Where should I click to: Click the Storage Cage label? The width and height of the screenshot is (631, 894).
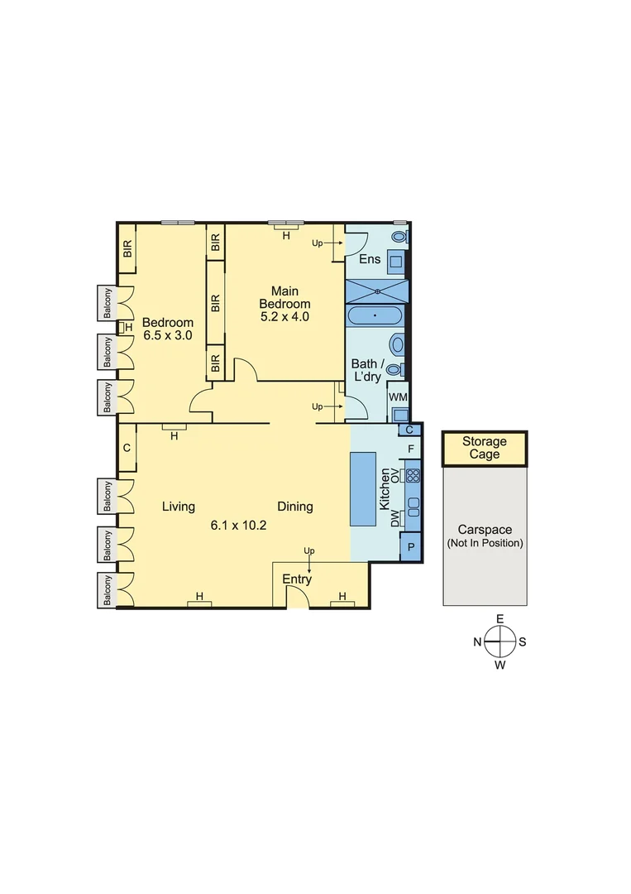[484, 448]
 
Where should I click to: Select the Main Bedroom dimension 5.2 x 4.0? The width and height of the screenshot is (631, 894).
[284, 316]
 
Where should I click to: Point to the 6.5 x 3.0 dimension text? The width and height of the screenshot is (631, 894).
[168, 336]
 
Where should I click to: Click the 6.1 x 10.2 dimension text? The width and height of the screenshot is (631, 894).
[238, 525]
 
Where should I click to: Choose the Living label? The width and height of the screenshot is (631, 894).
[179, 507]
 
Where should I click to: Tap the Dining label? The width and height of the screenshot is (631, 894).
[295, 507]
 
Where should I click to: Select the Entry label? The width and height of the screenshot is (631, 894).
[297, 579]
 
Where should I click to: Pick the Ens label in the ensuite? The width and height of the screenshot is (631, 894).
[370, 259]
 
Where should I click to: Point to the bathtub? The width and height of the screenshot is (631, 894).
[375, 315]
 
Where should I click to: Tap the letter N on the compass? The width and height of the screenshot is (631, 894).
[478, 642]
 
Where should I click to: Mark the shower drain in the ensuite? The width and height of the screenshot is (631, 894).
[377, 291]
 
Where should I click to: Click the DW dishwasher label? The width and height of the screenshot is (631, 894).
[394, 518]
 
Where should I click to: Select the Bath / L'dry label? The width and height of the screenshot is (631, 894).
[366, 370]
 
